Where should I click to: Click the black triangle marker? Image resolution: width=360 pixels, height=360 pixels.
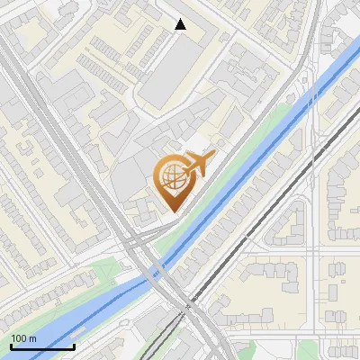(181, 24)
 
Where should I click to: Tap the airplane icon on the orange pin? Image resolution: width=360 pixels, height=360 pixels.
(198, 165)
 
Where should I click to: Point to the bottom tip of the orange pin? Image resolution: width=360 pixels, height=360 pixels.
(172, 211)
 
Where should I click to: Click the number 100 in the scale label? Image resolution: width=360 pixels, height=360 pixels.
(20, 338)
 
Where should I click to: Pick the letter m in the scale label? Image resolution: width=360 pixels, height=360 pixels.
(34, 338)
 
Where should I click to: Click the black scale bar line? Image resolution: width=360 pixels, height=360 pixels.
(42, 346)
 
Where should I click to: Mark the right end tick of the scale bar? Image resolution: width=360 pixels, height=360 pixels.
(74, 345)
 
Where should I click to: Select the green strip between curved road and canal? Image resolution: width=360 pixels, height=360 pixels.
(243, 153)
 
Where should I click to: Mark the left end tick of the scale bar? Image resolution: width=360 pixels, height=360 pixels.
(11, 345)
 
